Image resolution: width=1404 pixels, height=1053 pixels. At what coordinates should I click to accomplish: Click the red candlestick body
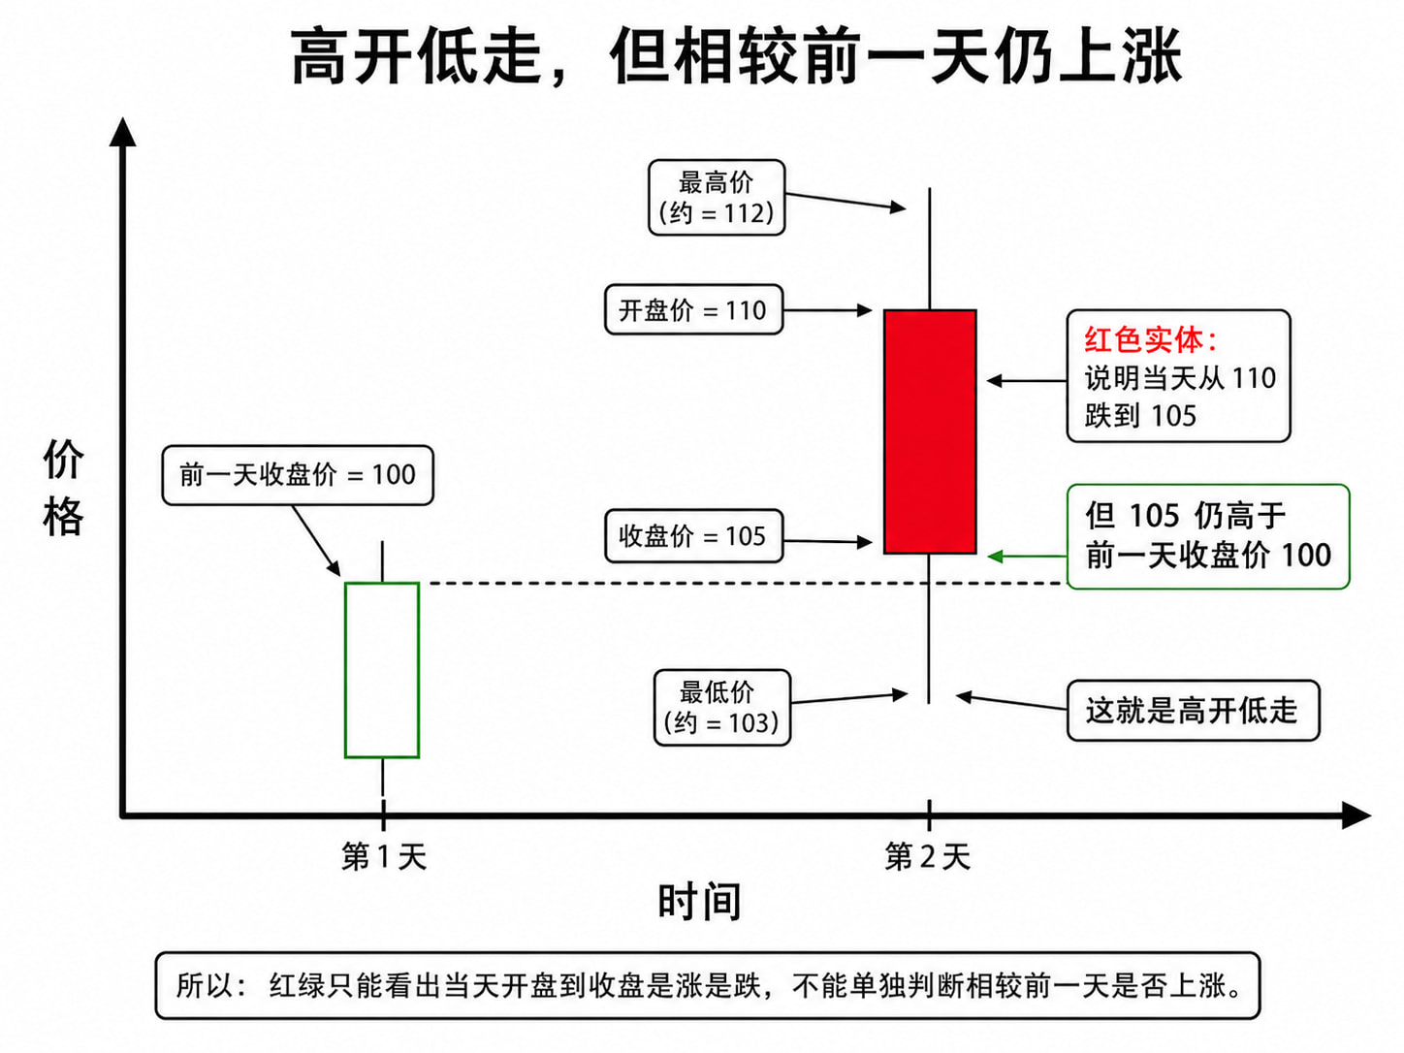[930, 431]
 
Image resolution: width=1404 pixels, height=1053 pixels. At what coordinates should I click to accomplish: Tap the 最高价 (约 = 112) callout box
[717, 198]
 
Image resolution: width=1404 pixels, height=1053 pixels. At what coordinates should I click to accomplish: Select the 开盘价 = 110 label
[693, 310]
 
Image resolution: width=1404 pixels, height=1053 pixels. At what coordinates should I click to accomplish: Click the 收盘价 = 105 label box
[693, 536]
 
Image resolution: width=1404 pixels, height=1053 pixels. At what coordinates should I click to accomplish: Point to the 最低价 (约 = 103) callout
[722, 708]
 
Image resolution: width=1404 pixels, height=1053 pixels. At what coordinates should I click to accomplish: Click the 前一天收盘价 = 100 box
[298, 475]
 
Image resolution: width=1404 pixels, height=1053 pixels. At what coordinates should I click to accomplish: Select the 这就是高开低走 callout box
[1193, 711]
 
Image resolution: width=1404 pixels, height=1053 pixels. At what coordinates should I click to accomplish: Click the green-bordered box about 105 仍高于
[1208, 536]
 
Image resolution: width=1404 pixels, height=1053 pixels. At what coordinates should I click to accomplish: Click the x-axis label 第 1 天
[384, 856]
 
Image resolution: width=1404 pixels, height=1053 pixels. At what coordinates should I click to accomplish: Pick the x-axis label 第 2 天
[928, 856]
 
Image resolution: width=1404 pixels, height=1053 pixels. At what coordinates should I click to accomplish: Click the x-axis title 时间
[700, 902]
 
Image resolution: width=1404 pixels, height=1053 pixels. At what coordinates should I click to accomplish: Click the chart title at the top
[736, 56]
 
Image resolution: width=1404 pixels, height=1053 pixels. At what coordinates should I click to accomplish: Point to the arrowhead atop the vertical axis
[123, 132]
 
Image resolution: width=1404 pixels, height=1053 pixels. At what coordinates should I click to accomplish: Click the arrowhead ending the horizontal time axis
[1356, 815]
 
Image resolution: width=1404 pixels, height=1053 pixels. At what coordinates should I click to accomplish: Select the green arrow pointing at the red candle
[1027, 557]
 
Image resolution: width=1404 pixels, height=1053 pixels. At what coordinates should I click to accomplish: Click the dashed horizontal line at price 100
[748, 583]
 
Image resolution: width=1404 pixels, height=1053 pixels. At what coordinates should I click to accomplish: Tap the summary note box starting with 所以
[708, 985]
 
